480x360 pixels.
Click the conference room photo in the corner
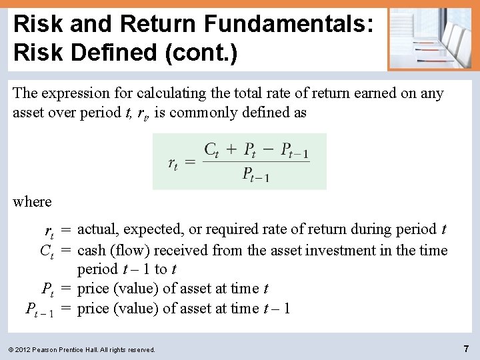pyautogui.click(x=429, y=38)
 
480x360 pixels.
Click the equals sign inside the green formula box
pyautogui.click(x=189, y=162)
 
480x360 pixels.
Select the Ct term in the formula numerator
pyautogui.click(x=211, y=149)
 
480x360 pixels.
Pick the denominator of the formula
pyautogui.click(x=256, y=175)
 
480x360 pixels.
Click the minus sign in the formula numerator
pyautogui.click(x=269, y=149)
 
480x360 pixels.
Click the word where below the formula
pyautogui.click(x=32, y=201)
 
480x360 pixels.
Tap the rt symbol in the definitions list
pyautogui.click(x=49, y=231)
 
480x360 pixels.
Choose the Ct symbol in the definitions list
pyautogui.click(x=47, y=251)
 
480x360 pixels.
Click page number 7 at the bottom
pyautogui.click(x=466, y=348)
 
